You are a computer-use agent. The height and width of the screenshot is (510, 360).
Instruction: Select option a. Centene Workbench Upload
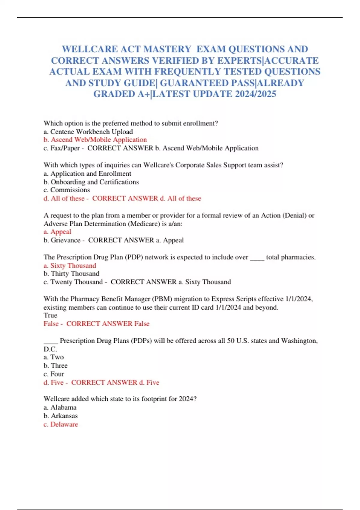coord(88,132)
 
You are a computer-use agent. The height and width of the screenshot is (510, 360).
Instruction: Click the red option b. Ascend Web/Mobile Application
coord(95,140)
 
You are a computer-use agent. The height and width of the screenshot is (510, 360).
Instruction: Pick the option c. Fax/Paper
coord(62,148)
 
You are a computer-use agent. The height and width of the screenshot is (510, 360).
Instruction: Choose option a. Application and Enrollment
coord(87,173)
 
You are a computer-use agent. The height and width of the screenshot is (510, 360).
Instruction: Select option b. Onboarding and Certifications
coord(91,182)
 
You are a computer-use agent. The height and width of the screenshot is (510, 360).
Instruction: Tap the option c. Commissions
coord(67,190)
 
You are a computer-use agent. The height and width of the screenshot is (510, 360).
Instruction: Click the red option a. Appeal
coord(57,232)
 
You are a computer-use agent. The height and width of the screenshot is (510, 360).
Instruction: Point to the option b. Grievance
coord(62,240)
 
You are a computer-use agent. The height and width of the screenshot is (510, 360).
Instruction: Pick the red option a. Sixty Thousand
coord(70,265)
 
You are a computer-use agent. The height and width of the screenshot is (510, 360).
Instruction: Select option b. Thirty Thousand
coord(71,274)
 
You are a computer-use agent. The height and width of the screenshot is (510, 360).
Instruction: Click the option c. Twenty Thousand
coord(73,282)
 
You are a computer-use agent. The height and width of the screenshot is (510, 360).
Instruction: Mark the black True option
coord(50,315)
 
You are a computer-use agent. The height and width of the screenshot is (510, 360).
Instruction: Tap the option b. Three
coord(55,365)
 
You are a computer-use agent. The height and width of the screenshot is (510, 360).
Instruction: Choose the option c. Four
coord(54,374)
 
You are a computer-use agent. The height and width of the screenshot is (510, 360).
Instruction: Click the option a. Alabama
coord(60,407)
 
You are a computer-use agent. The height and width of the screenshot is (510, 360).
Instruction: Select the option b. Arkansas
coord(61,416)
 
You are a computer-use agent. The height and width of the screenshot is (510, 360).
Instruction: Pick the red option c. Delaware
coord(61,424)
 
